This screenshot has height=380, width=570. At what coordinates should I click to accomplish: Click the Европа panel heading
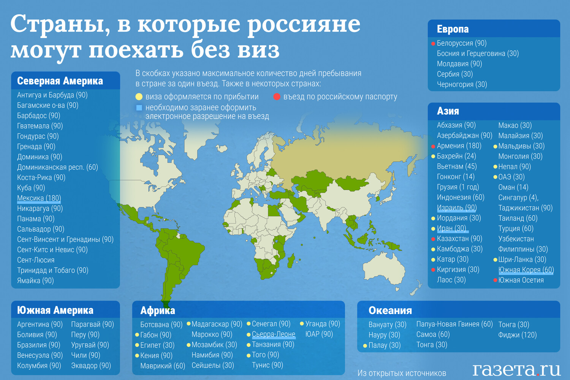(453, 29)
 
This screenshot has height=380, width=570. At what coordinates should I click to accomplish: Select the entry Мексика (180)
(39, 198)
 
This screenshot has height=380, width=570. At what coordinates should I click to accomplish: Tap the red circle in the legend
(277, 97)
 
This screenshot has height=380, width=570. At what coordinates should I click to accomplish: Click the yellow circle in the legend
(139, 97)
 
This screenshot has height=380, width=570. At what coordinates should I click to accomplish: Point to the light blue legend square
(139, 108)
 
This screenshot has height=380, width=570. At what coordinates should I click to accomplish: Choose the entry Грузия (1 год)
(458, 187)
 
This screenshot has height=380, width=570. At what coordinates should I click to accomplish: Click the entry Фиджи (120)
(517, 335)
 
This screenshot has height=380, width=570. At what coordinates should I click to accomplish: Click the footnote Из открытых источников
(402, 373)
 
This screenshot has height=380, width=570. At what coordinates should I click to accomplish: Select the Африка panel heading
(158, 310)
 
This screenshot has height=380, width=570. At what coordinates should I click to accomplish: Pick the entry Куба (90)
(31, 188)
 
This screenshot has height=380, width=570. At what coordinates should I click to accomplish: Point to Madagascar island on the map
(291, 261)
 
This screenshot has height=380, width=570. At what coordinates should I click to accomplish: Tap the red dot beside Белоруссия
(433, 44)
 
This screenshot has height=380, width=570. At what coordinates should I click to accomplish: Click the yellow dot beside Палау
(365, 346)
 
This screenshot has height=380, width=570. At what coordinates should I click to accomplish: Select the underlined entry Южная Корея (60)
(526, 270)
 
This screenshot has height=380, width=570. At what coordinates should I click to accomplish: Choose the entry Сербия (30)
(455, 74)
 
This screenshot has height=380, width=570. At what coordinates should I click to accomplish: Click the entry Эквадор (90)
(91, 366)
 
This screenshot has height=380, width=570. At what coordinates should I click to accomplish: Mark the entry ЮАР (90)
(319, 334)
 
